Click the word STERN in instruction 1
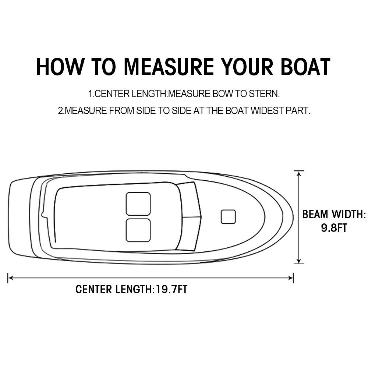click(x=265, y=94)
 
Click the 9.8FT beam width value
click(x=334, y=228)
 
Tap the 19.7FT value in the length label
click(x=171, y=289)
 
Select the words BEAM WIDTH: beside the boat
click(x=334, y=214)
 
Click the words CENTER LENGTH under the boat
click(x=113, y=289)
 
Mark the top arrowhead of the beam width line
click(x=298, y=173)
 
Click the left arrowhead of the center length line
click(x=10, y=278)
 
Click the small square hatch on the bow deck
click(x=228, y=217)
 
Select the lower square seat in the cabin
click(x=138, y=230)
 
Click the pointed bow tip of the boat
click(x=292, y=217)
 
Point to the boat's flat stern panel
click(x=20, y=217)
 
